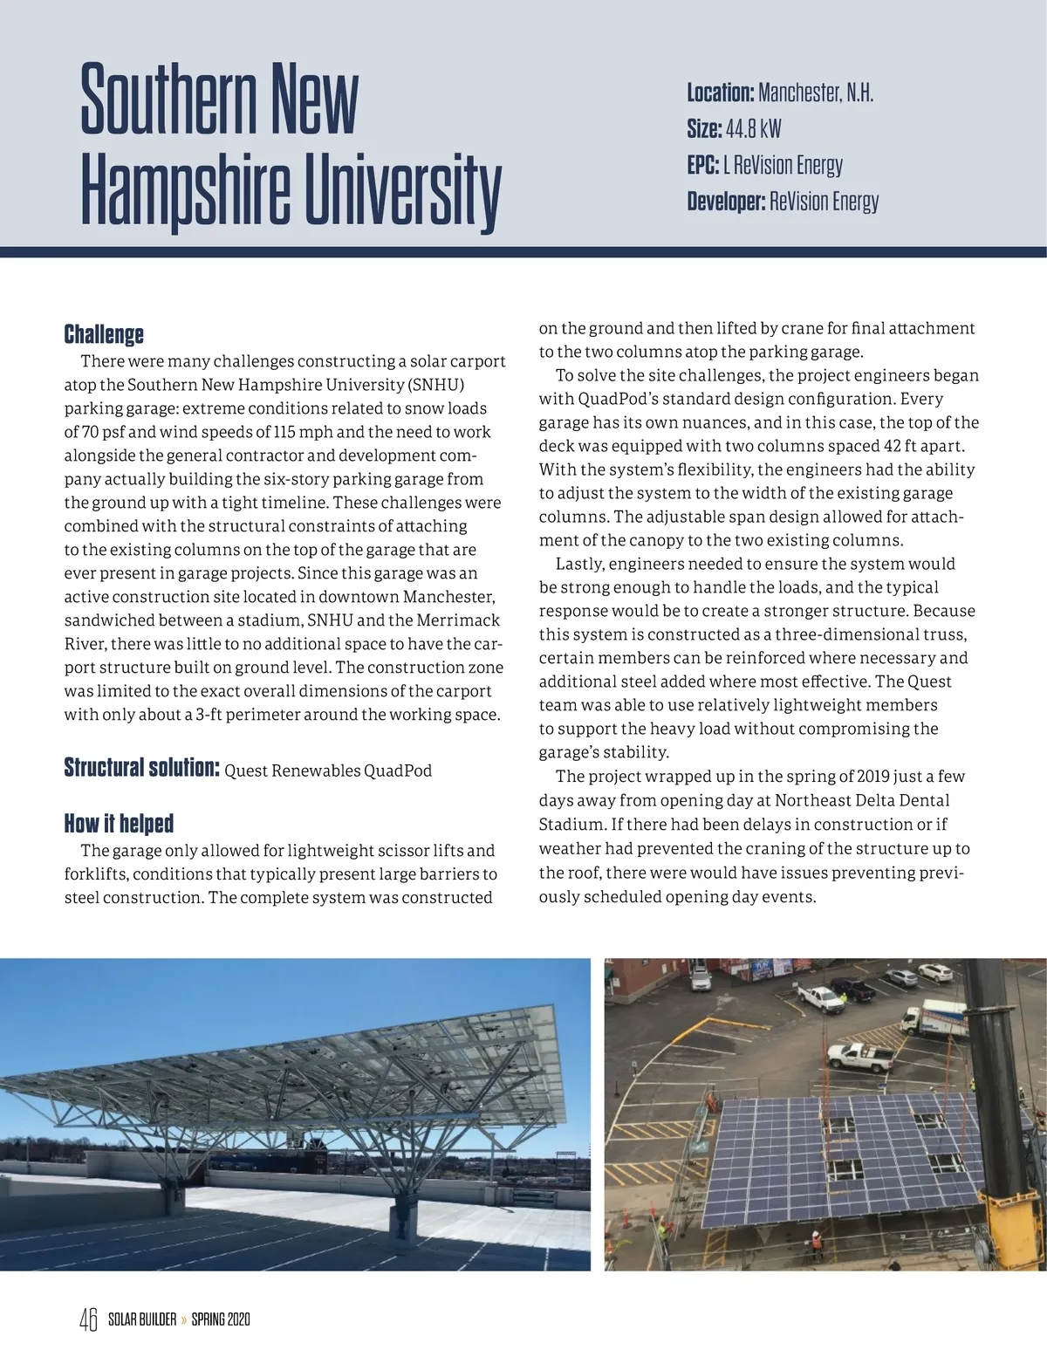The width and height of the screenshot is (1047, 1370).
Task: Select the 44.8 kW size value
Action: pos(753,129)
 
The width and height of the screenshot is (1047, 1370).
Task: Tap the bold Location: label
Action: pos(720,92)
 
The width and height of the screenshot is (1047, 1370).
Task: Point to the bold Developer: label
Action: pos(726,202)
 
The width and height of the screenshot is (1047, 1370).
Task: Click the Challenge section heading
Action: pos(104,334)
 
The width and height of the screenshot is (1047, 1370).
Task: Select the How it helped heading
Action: pos(119,823)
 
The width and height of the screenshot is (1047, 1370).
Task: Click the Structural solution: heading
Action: pos(140,768)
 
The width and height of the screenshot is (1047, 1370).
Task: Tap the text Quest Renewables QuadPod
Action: pos(328,771)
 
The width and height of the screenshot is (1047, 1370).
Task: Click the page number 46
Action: pos(88,1319)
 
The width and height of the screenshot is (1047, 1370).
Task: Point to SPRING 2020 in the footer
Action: pos(221,1319)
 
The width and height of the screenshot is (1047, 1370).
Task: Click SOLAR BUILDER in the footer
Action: pos(142,1319)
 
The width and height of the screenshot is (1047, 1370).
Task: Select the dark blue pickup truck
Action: pos(851,990)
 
